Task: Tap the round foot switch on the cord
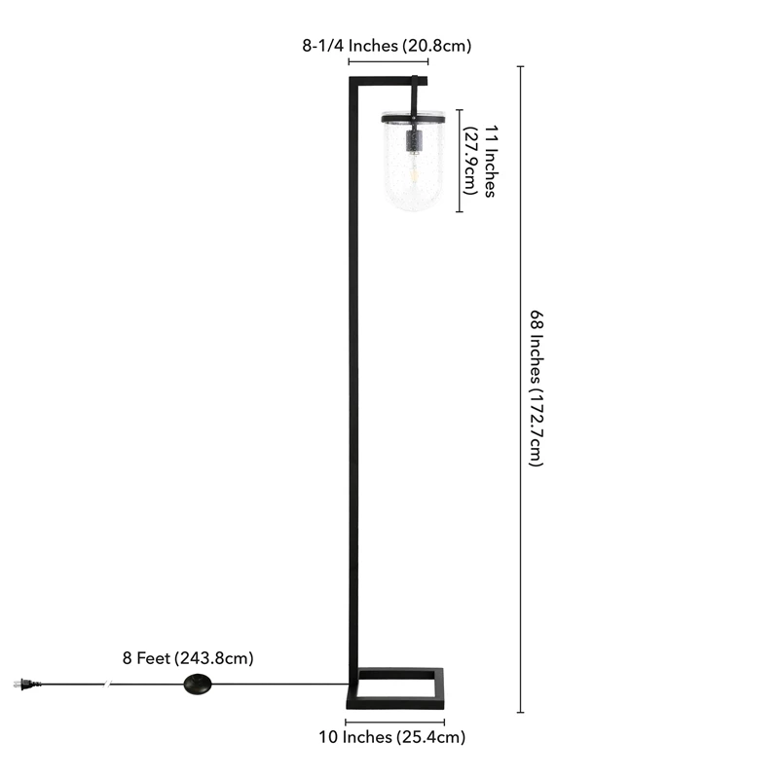pos(198,685)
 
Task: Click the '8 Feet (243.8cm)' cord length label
pos(188,658)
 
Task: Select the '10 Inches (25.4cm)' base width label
pos(392,737)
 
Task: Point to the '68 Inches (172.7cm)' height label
pos(537,389)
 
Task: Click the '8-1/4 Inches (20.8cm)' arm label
pos(387,46)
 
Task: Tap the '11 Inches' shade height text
pos(491,161)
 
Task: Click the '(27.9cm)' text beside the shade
pos(470,161)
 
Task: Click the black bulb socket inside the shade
pos(414,140)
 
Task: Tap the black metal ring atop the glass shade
pos(413,117)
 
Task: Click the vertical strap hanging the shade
pos(415,96)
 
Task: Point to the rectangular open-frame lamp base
pos(395,688)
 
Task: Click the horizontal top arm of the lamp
pos(389,81)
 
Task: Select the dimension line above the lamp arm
pos(389,61)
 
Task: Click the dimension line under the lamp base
pos(395,722)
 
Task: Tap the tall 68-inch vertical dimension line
pos(521,389)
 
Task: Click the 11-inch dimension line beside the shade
pos(460,161)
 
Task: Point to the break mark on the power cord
pos(107,685)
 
